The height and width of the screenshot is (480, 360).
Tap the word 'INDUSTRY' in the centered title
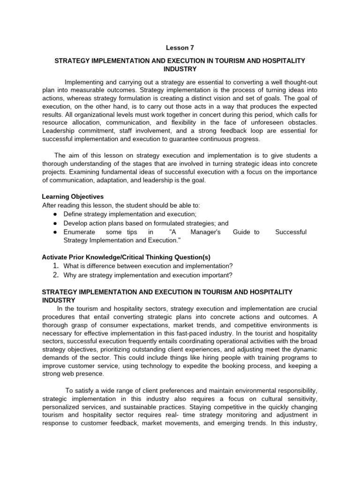pyautogui.click(x=180, y=69)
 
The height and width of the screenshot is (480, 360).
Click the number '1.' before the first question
pyautogui.click(x=55, y=266)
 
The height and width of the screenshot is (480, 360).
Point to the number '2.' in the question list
pyautogui.click(x=55, y=275)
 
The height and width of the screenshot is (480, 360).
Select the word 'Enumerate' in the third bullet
pyautogui.click(x=79, y=232)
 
